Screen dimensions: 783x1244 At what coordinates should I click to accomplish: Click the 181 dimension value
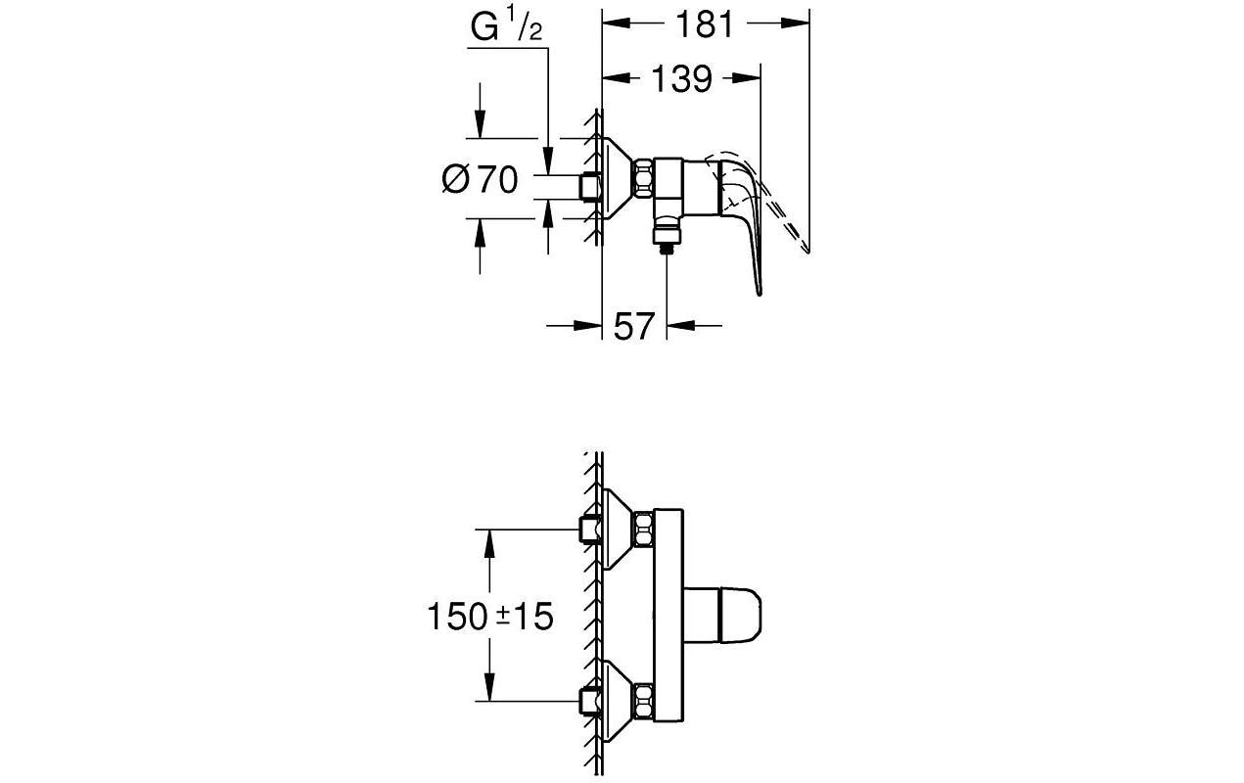pos(705,24)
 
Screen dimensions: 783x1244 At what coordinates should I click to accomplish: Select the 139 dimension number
pos(681,79)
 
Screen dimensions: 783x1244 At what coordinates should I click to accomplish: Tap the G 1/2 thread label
pos(506,27)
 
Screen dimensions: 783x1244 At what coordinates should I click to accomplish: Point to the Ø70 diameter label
pos(480,180)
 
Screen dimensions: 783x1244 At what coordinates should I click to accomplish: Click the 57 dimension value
pos(633,327)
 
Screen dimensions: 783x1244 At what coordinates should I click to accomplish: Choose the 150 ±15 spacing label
pos(489,617)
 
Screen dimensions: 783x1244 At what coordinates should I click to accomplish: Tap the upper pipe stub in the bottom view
pos(590,530)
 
